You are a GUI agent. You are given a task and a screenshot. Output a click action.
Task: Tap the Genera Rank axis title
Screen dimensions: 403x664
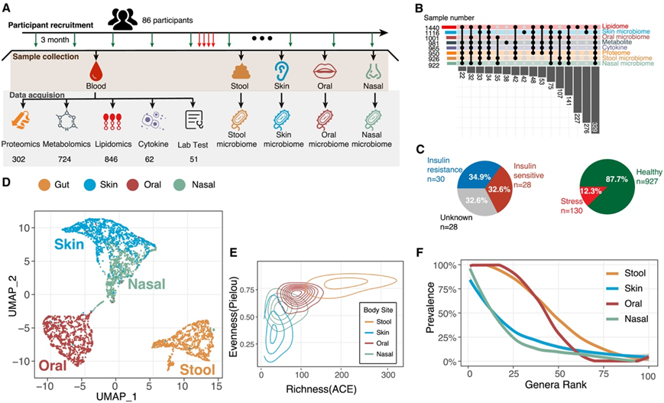pyautogui.click(x=561, y=390)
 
